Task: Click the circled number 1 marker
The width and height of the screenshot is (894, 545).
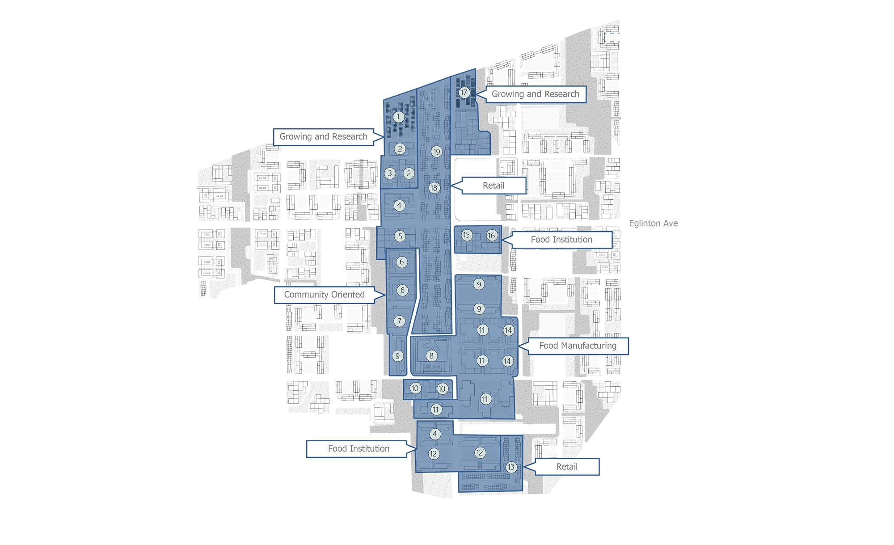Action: click(398, 117)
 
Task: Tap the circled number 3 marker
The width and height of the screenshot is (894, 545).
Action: click(390, 173)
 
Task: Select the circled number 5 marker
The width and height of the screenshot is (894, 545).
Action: click(400, 236)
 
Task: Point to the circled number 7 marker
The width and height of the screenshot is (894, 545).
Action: click(400, 321)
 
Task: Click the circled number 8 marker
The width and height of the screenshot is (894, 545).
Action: click(431, 356)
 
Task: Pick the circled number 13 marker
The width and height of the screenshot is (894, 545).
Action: click(511, 467)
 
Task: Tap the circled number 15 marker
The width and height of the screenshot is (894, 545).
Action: click(467, 235)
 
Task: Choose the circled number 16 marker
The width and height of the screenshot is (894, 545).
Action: click(492, 235)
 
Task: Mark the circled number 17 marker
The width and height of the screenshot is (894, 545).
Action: click(464, 93)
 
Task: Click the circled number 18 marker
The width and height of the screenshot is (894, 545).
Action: click(434, 188)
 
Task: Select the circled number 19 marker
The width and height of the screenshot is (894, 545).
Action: click(437, 152)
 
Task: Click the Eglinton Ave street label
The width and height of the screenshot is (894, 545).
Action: click(653, 224)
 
